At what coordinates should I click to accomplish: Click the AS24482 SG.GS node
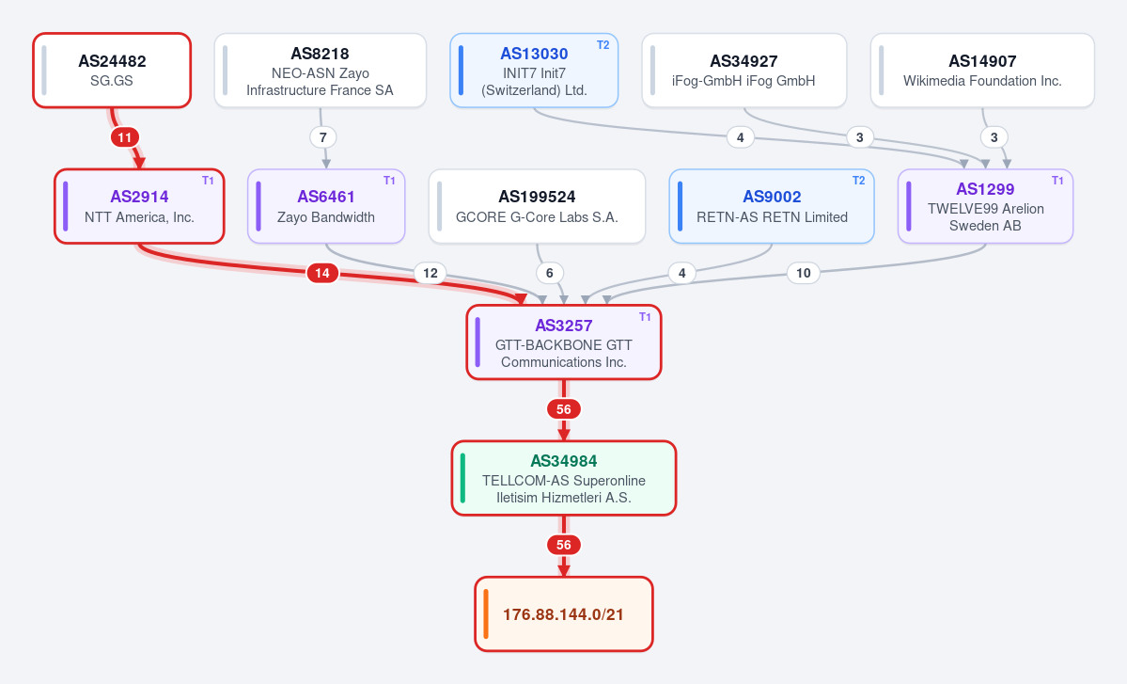point(112,71)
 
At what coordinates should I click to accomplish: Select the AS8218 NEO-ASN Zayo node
point(320,71)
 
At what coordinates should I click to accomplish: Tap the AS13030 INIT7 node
point(534,71)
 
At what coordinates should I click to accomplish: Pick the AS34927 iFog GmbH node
point(744,71)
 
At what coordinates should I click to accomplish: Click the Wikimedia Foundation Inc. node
point(982,71)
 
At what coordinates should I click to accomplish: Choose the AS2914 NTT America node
point(139,206)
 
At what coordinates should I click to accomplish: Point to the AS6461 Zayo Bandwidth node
point(326,206)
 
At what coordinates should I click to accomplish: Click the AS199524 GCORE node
point(537,206)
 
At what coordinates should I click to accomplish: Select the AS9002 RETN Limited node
point(772,206)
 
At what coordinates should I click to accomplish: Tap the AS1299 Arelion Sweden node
point(985,206)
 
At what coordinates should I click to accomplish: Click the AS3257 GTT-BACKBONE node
point(564,342)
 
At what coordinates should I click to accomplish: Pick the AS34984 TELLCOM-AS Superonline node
point(564,478)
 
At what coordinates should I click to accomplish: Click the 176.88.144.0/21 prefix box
point(564,614)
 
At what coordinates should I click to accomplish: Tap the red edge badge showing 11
point(125,137)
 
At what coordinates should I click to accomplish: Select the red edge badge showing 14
point(322,273)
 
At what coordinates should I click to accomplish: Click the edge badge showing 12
point(430,273)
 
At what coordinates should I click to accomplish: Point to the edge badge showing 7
point(323,137)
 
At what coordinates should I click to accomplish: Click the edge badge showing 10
point(804,273)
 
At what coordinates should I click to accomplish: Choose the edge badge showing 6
point(550,273)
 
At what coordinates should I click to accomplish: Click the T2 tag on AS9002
point(859,181)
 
